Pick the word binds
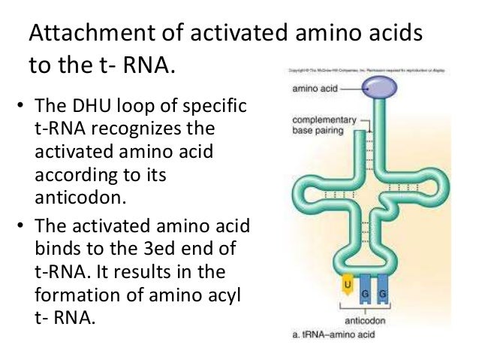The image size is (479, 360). point(58,248)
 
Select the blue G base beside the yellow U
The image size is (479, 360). point(366,289)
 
